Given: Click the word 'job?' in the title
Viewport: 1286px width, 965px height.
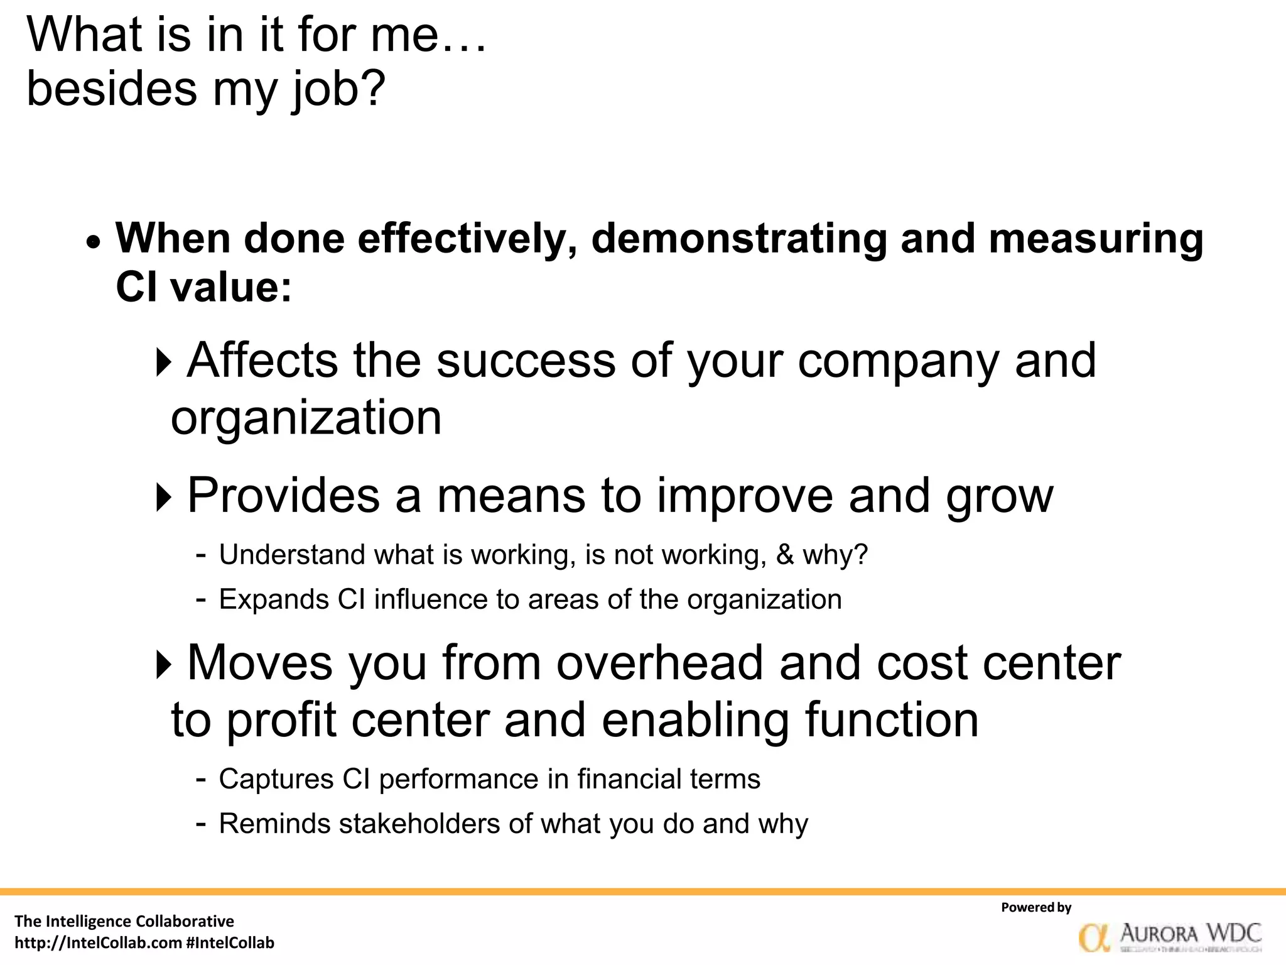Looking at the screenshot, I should pyautogui.click(x=338, y=89).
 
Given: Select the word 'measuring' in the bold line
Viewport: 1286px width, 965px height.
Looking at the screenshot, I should pyautogui.click(x=1096, y=239).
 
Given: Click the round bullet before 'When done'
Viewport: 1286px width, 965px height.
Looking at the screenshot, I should pyautogui.click(x=94, y=241).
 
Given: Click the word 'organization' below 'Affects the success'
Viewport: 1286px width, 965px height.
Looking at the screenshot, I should pyautogui.click(x=306, y=418).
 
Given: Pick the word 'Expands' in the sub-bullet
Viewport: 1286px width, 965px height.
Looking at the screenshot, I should pyautogui.click(x=274, y=599).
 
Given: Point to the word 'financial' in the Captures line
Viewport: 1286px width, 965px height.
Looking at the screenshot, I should pyautogui.click(x=629, y=780).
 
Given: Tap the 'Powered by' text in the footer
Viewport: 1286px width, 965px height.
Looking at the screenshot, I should pyautogui.click(x=1036, y=907).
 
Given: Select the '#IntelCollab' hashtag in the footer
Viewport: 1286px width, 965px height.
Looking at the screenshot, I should pyautogui.click(x=230, y=943).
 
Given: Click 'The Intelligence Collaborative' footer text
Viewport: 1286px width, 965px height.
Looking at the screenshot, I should pyautogui.click(x=124, y=921).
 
